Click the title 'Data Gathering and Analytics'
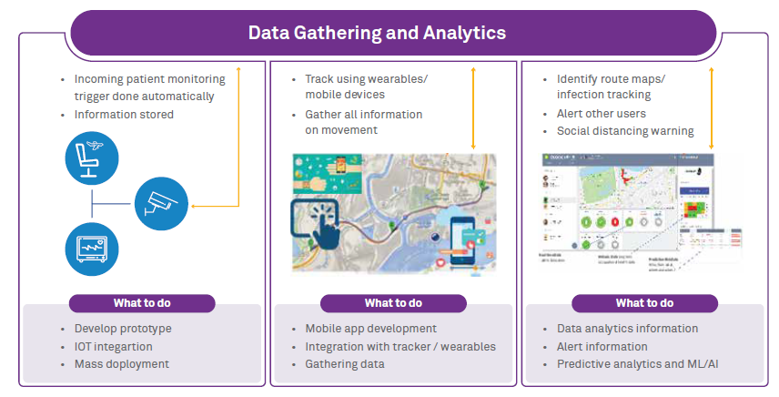[377, 33]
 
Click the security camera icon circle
[162, 202]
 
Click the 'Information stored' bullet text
[124, 115]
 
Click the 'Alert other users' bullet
[602, 114]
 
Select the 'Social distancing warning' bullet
[625, 131]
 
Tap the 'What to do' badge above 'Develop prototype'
[142, 303]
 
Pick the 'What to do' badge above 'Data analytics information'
[644, 303]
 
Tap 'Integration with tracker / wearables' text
[400, 346]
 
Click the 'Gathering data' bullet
[345, 364]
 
